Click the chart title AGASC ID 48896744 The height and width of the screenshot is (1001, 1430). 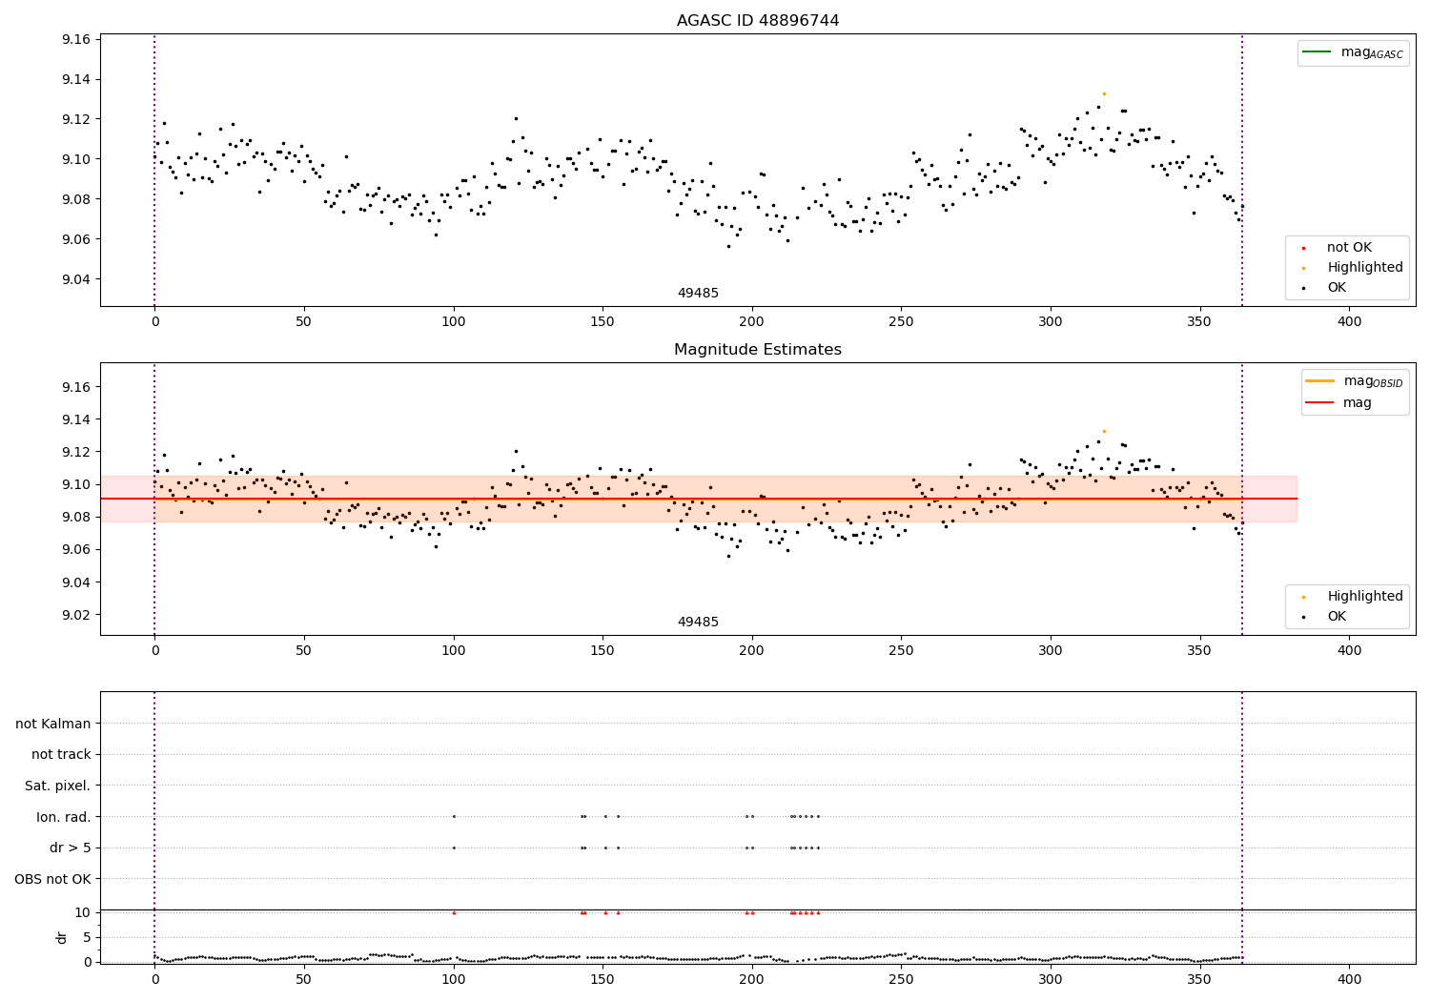(x=757, y=21)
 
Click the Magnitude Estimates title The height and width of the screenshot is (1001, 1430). (x=757, y=350)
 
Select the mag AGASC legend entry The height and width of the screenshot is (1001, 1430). (x=1353, y=52)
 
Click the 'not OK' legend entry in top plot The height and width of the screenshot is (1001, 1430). (x=1348, y=248)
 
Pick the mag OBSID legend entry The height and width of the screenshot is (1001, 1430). (x=1354, y=381)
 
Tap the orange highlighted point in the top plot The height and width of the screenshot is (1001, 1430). (x=1104, y=93)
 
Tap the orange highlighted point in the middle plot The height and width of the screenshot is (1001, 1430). (x=1104, y=431)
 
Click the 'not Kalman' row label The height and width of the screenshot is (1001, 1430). (x=53, y=724)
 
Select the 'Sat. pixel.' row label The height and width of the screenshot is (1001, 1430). (x=57, y=786)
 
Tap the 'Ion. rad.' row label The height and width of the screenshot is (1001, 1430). (x=64, y=817)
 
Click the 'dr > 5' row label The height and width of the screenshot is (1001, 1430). (x=70, y=848)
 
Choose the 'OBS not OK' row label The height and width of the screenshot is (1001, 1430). (x=52, y=879)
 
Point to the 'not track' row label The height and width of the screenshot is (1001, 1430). (x=61, y=755)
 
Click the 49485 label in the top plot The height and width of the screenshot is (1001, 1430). (x=698, y=294)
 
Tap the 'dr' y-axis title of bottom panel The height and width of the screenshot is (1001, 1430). (x=62, y=937)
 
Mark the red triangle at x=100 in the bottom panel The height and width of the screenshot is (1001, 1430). (x=454, y=912)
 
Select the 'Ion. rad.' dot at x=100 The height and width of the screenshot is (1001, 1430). (x=454, y=816)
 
